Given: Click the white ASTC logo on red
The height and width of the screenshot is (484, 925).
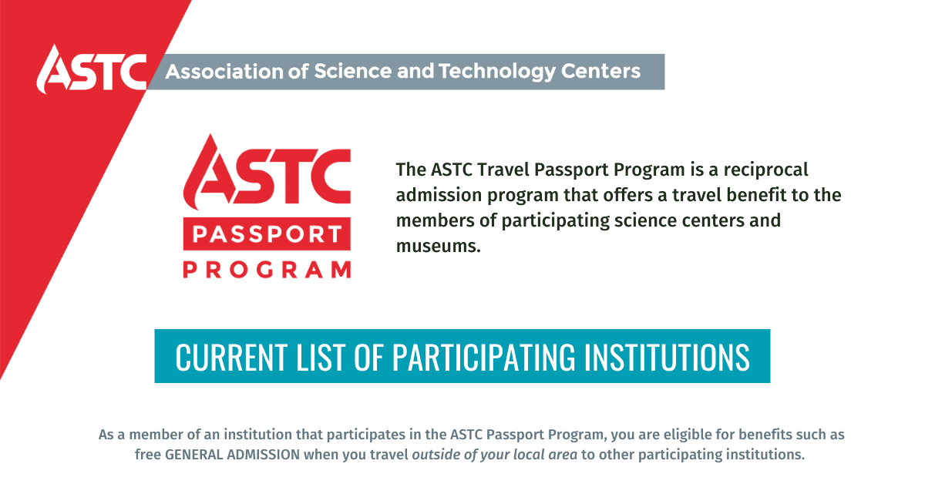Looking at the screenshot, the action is [92, 69].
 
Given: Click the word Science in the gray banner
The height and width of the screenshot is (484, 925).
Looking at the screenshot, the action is [353, 71].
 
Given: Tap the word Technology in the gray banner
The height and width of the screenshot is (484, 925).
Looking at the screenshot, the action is [496, 72].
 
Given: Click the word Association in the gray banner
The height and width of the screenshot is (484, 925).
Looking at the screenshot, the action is [224, 71].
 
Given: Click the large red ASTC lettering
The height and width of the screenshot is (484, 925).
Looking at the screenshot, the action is [267, 171].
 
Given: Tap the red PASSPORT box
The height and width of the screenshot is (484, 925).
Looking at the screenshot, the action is [267, 234].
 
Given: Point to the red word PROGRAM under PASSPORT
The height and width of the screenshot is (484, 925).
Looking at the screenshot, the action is [267, 270].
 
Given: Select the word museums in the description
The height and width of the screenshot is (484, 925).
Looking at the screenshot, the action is [438, 246].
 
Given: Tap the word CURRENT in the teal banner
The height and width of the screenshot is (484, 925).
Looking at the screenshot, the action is [231, 357].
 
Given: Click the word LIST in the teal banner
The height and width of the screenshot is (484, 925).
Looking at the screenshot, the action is [321, 357].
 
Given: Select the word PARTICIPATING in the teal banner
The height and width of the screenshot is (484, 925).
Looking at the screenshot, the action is [483, 357].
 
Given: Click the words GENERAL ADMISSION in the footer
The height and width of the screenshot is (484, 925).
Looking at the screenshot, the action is [233, 455].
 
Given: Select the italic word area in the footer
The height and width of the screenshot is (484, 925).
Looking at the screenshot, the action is [562, 455].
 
